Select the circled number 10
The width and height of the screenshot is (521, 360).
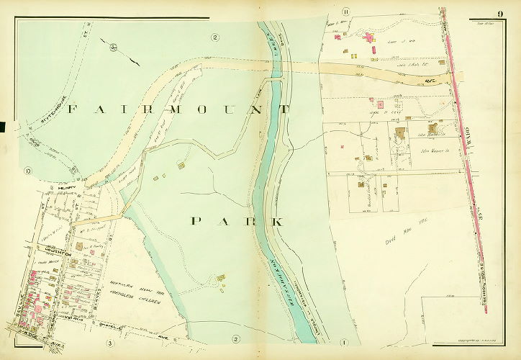27,171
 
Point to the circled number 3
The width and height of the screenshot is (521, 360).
110,342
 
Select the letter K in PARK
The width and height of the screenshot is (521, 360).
277,221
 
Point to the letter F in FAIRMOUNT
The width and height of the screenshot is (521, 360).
72,110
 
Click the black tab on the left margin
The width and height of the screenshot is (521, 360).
2,127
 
